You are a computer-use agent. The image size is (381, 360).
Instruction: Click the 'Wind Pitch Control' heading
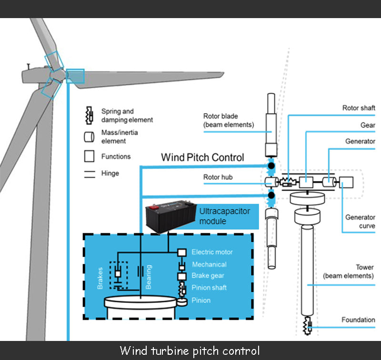coord(202,157)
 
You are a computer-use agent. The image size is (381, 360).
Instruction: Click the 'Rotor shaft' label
coord(359,108)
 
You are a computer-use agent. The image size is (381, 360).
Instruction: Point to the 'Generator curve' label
coord(360,221)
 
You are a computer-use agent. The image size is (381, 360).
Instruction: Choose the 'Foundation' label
coord(358,320)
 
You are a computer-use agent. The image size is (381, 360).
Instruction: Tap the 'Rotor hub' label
coord(218,178)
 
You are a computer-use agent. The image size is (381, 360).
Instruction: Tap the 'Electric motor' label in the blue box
coord(212,252)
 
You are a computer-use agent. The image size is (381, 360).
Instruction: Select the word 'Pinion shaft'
coord(209,288)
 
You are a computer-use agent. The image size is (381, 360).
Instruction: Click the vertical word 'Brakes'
coord(100,278)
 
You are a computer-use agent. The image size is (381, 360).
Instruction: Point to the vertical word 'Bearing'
coord(149,278)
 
